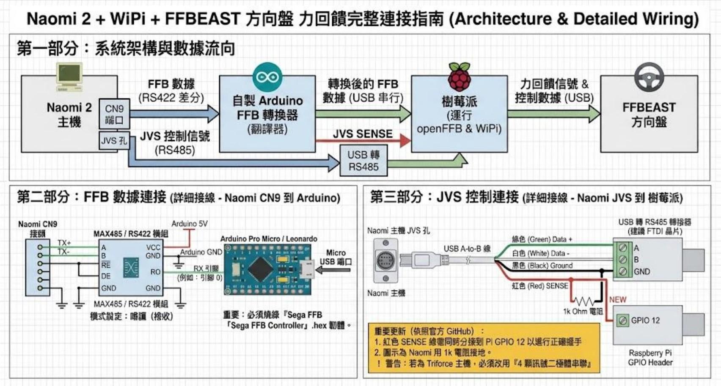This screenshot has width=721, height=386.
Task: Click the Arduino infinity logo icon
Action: [x=267, y=77]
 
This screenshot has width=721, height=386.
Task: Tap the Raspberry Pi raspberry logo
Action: [x=459, y=77]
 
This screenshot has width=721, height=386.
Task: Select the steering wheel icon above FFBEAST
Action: [x=649, y=77]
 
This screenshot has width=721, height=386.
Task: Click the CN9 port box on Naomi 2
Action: [x=114, y=114]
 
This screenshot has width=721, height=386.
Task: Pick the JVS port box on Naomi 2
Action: [x=114, y=141]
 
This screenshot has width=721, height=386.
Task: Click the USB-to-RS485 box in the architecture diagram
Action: [x=363, y=161]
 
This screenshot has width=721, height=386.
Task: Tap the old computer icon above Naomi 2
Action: [x=69, y=77]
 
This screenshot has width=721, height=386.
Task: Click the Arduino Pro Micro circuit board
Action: [x=267, y=269]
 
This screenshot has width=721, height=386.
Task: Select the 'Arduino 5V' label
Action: [x=190, y=224]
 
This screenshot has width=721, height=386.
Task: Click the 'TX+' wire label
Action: [x=64, y=243]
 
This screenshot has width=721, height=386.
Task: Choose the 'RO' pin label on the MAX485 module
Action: [x=155, y=272]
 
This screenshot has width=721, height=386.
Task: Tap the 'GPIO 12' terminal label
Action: [x=645, y=320]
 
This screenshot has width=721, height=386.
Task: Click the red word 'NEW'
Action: [x=617, y=299]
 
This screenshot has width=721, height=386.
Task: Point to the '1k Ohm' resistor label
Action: [x=583, y=312]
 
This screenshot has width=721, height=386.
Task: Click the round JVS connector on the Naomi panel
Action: [x=385, y=260]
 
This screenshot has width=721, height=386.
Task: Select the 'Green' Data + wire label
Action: [x=542, y=239]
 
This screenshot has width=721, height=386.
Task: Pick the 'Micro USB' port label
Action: [x=336, y=257]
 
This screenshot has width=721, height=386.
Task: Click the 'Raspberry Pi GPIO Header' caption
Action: [x=650, y=358]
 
